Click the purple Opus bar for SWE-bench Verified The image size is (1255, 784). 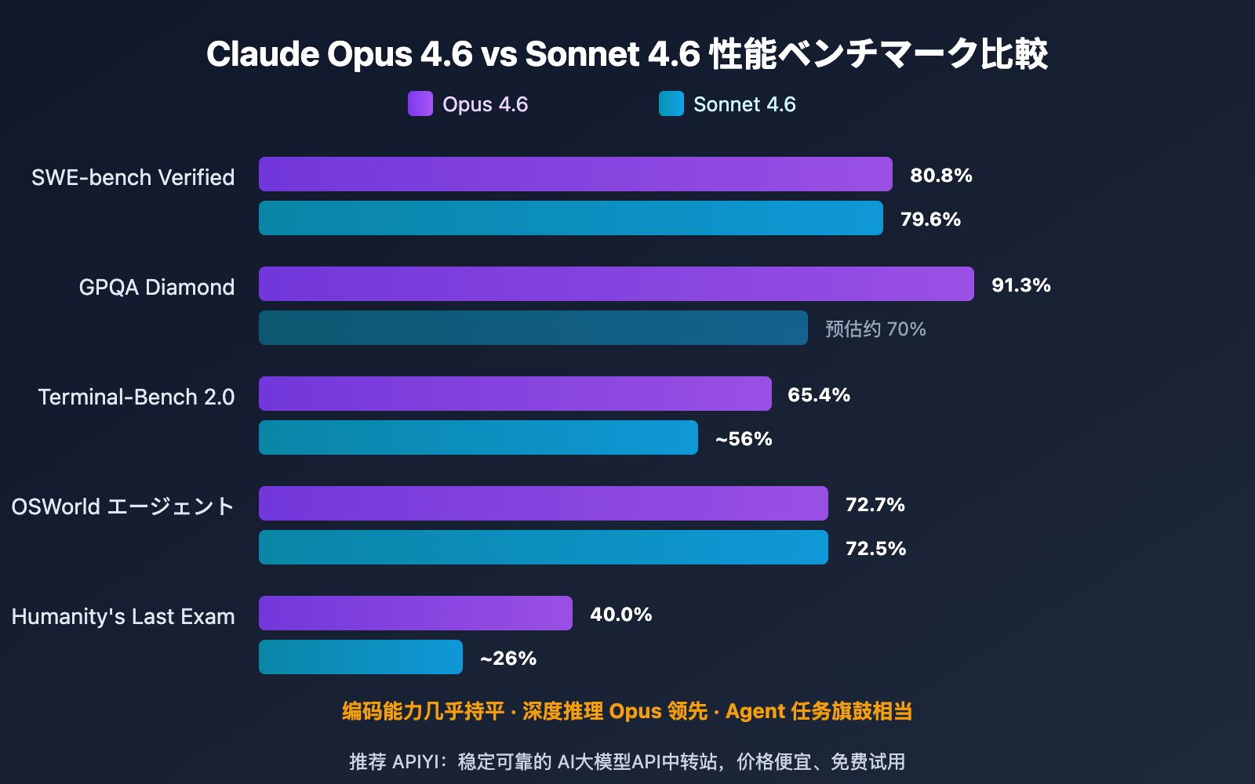575,174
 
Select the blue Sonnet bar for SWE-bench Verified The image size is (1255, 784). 570,218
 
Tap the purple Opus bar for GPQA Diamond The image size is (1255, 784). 616,284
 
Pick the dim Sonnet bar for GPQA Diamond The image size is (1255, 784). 533,328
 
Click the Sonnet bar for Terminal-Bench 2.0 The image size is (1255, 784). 478,437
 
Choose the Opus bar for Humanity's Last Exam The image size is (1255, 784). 415,613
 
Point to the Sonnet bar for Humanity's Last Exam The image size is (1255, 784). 360,657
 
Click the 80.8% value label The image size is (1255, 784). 940,176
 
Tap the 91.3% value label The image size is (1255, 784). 1020,285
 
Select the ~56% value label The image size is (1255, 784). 744,439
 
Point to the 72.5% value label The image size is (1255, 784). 875,549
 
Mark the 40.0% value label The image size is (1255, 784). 620,615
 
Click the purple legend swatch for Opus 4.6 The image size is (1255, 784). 420,103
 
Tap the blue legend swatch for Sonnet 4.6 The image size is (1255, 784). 671,103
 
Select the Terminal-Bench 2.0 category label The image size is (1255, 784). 136,397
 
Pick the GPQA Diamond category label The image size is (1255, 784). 157,287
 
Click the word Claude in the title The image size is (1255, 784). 262,54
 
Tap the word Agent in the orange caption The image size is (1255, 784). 755,711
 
